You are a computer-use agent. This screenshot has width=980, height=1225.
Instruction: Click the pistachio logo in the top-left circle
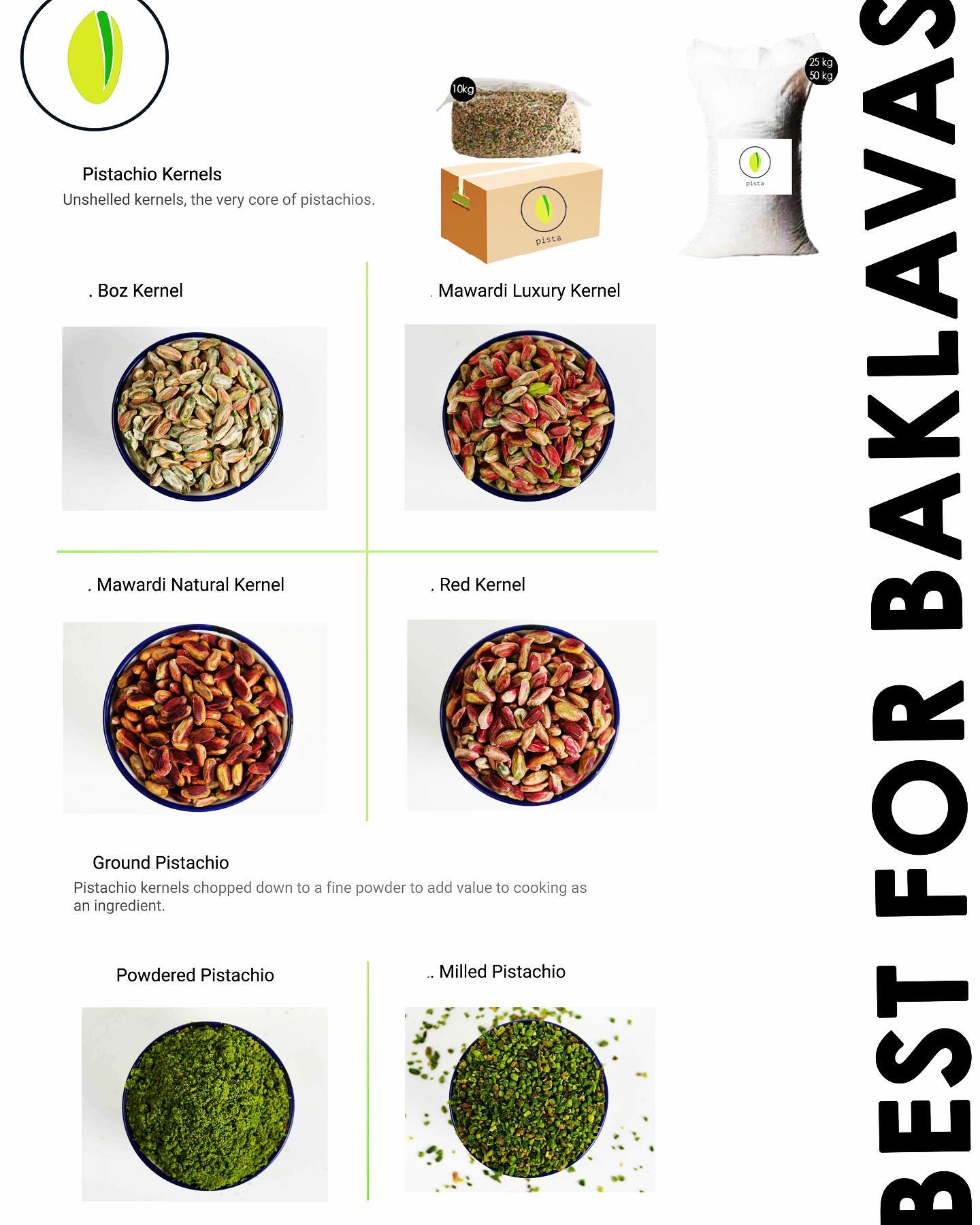(95, 56)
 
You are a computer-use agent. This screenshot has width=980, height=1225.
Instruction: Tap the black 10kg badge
(463, 89)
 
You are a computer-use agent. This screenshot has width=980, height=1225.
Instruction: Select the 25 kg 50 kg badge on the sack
(820, 69)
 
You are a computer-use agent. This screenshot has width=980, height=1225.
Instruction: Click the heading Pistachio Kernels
(152, 174)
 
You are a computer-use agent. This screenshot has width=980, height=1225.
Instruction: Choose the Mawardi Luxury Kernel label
(529, 291)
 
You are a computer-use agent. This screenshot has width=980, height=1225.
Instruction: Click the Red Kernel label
(478, 585)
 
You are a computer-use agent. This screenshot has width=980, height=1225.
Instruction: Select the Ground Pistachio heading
(161, 863)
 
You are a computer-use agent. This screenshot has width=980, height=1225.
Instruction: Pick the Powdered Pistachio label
(195, 975)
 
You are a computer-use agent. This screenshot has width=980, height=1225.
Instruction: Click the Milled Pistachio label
(497, 972)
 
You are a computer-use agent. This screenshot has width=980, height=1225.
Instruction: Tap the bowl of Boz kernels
(197, 416)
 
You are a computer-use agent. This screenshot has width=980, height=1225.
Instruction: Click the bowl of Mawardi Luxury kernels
(529, 415)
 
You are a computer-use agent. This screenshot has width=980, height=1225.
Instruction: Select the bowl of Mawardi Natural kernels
(198, 717)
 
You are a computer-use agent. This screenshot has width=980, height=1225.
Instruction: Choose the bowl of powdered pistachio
(208, 1105)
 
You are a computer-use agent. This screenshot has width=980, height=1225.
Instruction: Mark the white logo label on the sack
(755, 167)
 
